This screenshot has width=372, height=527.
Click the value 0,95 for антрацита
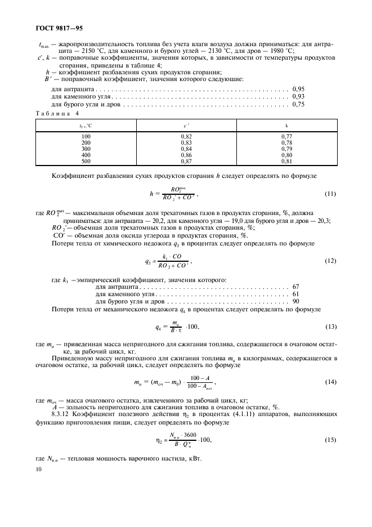[298, 89]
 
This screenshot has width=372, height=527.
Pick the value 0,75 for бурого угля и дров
[298, 104]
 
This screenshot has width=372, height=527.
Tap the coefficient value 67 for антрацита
[296, 287]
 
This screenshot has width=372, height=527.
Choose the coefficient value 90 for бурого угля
[296, 302]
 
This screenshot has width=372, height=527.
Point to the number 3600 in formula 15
[190, 435]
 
